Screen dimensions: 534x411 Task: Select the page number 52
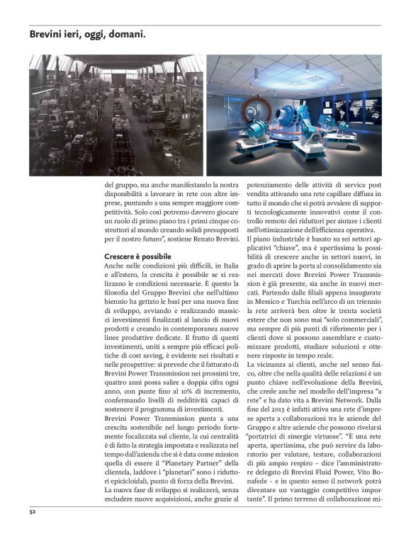tap(33, 510)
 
